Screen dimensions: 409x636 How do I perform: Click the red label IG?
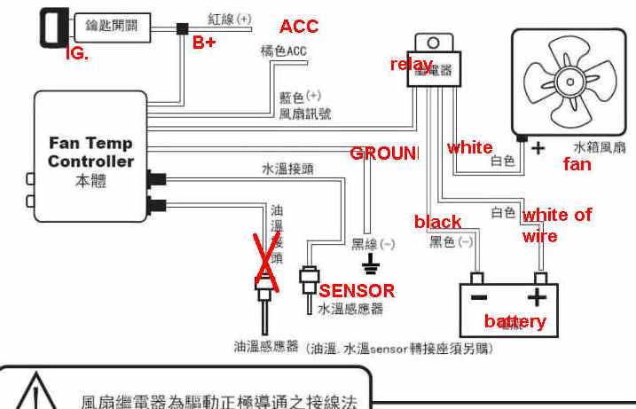click(78, 53)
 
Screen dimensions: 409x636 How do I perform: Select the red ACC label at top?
click(298, 27)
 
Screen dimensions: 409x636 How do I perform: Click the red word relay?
click(411, 64)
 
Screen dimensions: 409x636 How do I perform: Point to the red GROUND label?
click(383, 153)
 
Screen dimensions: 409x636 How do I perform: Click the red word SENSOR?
click(357, 290)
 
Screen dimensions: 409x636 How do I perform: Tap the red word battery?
click(514, 321)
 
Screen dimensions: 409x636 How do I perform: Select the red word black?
click(437, 221)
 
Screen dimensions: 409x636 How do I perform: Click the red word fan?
click(577, 164)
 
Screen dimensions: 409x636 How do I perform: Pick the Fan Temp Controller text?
click(91, 152)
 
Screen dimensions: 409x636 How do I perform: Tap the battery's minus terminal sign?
click(478, 297)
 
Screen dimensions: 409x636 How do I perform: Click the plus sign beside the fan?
click(538, 148)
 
